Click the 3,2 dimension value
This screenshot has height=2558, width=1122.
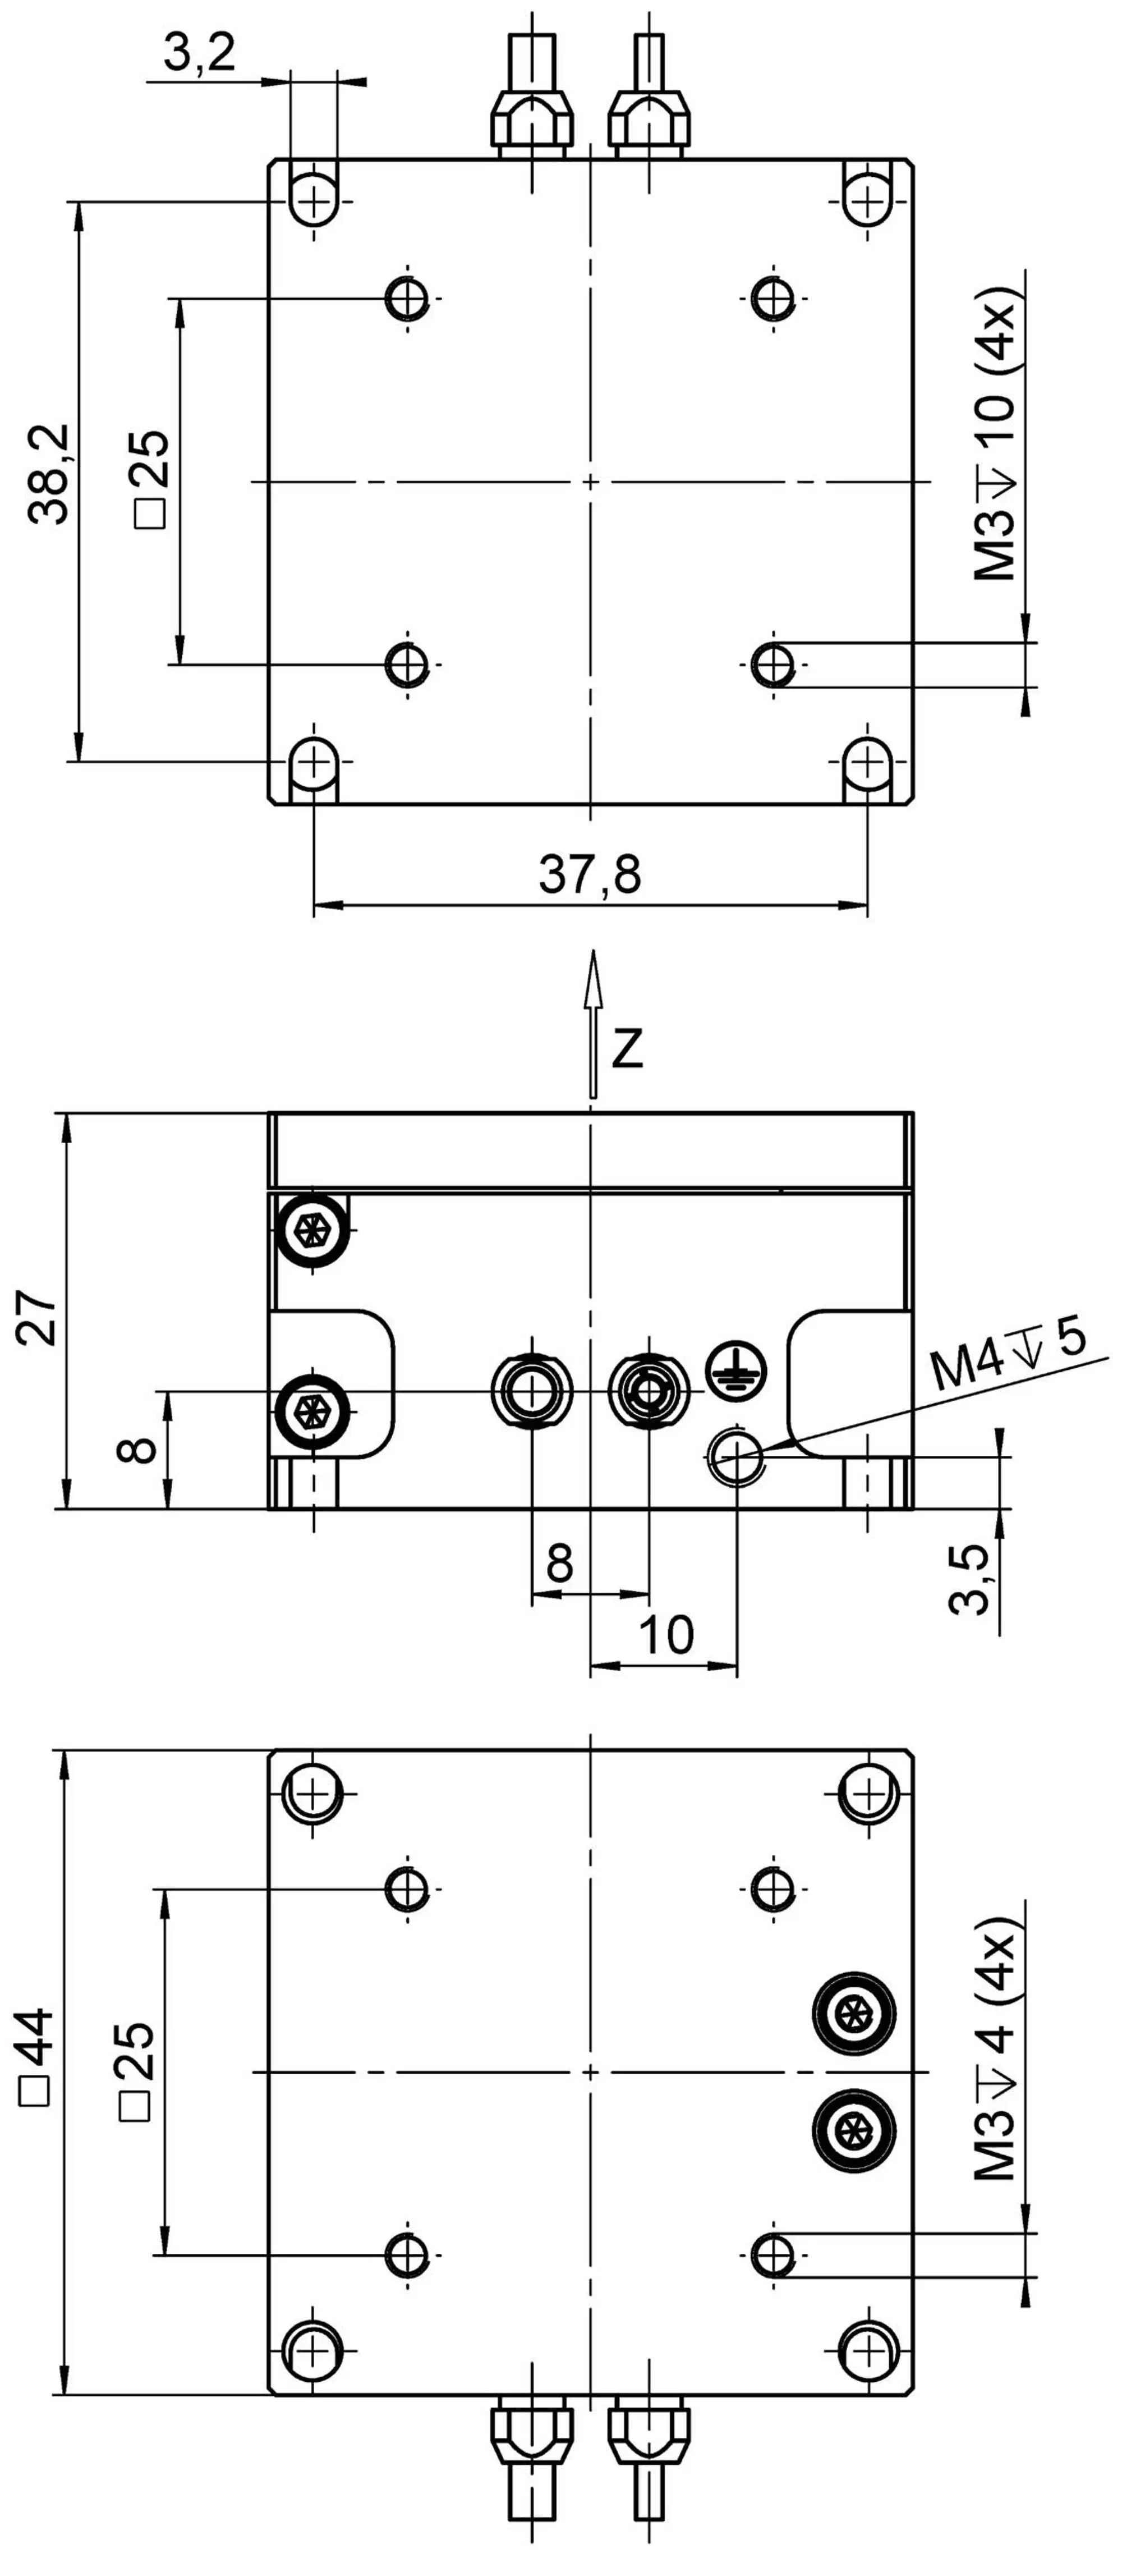pos(200,52)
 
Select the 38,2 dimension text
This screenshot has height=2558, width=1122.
pos(49,475)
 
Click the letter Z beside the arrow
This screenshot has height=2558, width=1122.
pos(628,1048)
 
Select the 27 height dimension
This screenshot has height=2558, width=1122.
pos(38,1318)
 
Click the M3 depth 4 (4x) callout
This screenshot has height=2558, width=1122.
pos(995,2056)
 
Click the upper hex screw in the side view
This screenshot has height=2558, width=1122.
pos(313,1230)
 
